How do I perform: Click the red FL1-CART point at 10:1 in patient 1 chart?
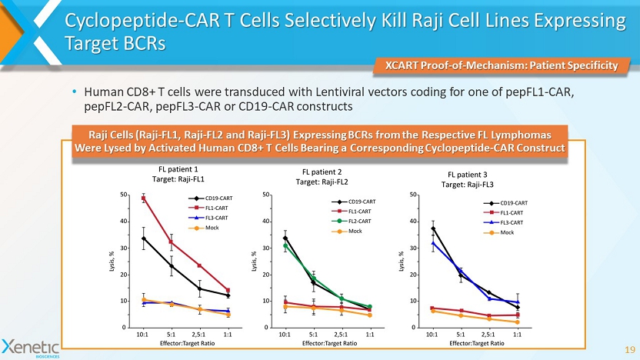click(x=143, y=198)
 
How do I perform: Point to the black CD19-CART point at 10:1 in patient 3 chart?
click(x=433, y=228)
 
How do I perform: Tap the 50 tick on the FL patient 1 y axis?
click(x=125, y=195)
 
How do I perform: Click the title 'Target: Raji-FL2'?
click(x=322, y=182)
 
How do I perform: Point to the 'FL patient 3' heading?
click(x=468, y=175)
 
